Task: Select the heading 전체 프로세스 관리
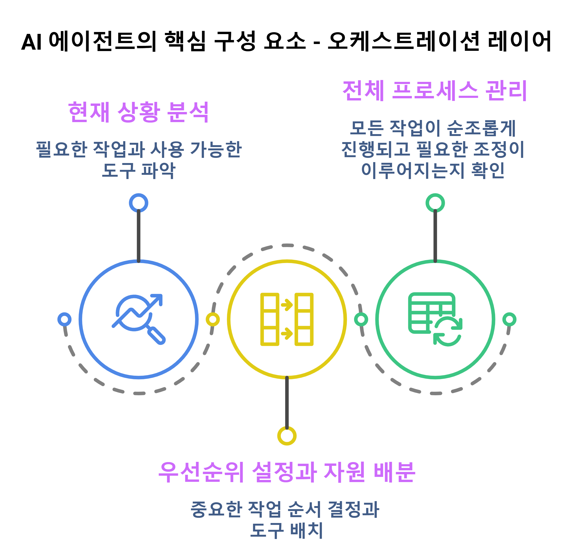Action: pos(435,91)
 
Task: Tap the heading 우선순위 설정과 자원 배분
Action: pos(287,472)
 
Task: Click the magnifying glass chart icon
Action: pos(138,319)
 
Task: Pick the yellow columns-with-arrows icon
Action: pos(287,319)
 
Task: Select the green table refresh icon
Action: pos(435,319)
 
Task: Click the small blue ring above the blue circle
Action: pos(138,203)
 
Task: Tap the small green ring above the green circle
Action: pos(435,203)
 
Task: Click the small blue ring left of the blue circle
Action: pos(65,319)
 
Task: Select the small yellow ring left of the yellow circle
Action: pos(213,319)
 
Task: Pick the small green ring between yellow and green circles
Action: pos(361,319)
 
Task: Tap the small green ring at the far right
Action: pos(509,319)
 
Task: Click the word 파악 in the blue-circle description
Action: pos(158,171)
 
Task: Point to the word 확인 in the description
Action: pos(488,170)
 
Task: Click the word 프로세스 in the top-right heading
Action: pos(435,91)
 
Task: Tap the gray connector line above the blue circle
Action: pos(138,236)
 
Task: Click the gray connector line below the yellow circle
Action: pos(287,403)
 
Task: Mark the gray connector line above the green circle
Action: pos(435,236)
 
